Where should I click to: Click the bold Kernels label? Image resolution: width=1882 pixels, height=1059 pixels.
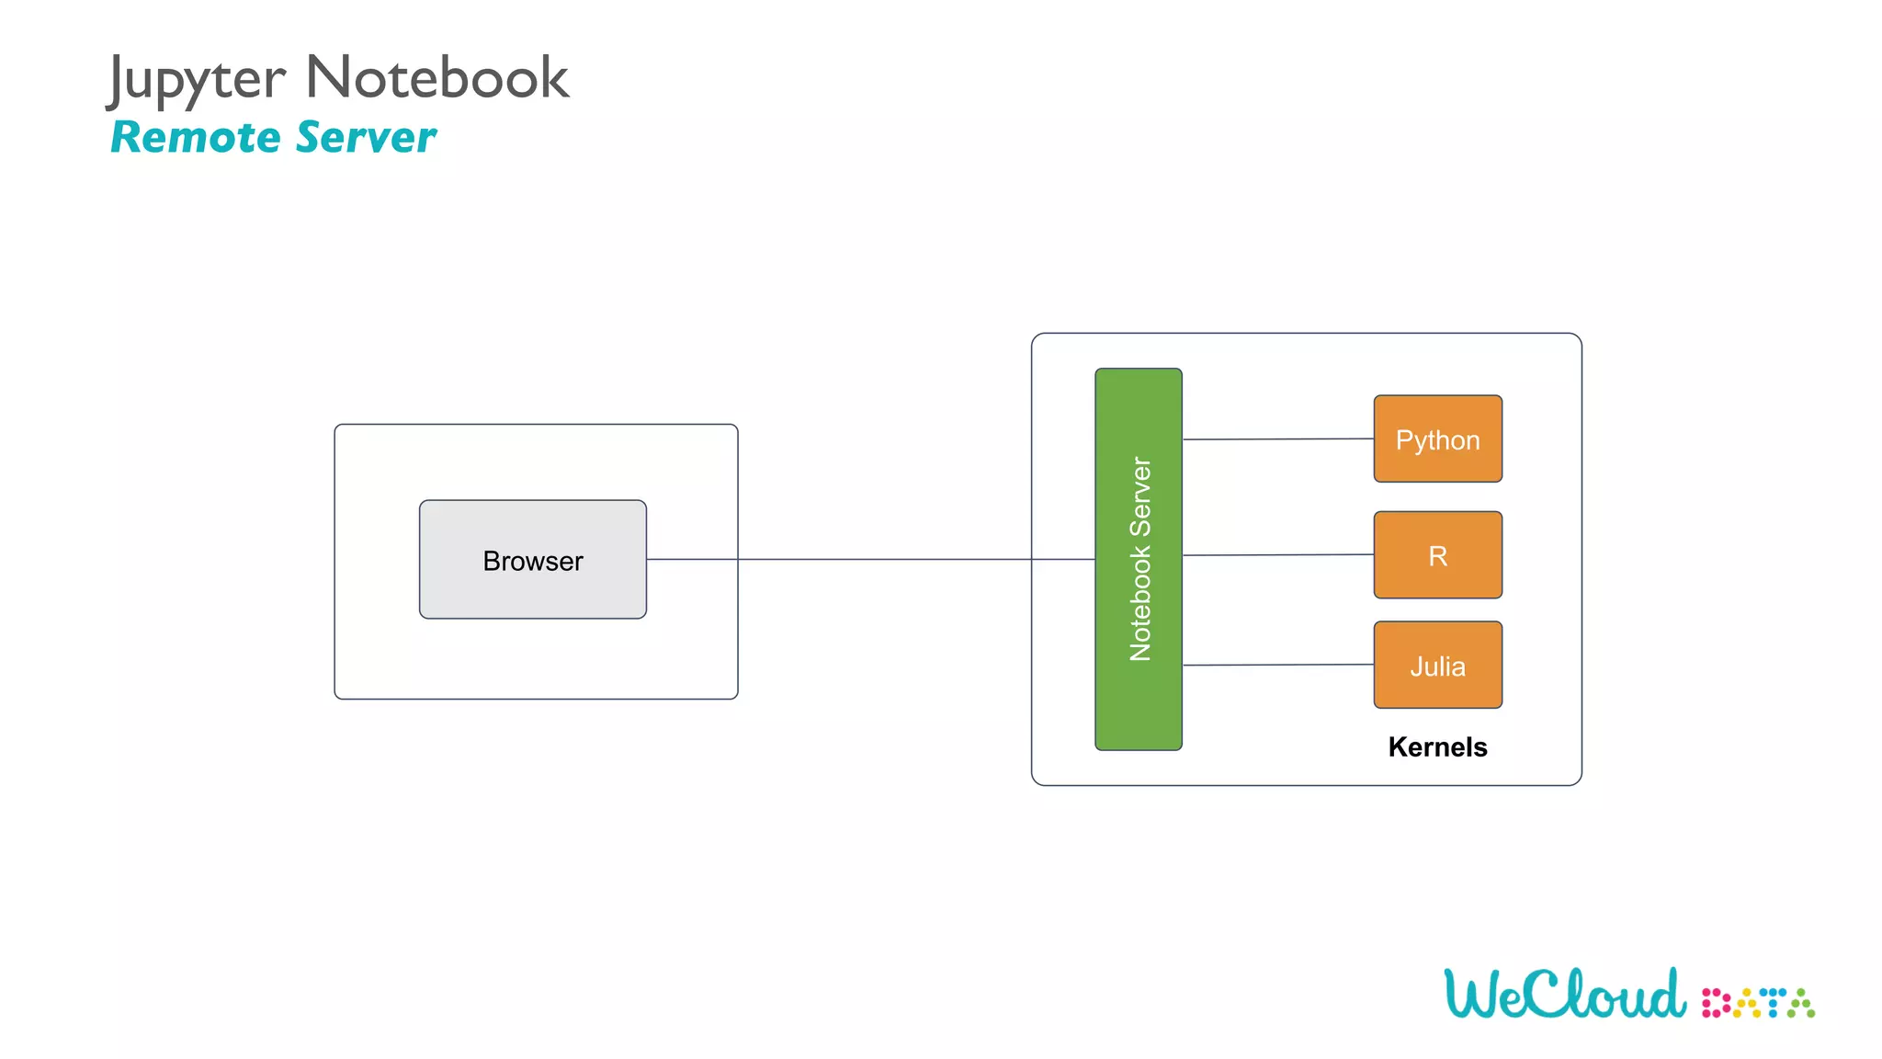(1437, 746)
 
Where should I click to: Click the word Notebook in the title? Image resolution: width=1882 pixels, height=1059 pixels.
(437, 77)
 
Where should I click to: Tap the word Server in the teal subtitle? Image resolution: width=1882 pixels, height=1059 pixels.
(366, 138)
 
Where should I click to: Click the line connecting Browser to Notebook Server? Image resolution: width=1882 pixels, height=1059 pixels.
(882, 559)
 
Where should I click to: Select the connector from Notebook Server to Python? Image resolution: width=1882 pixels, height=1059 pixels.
(1277, 439)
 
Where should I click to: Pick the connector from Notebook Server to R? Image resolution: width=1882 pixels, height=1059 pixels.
(1277, 555)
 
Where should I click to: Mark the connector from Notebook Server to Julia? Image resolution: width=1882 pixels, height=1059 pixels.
(1277, 665)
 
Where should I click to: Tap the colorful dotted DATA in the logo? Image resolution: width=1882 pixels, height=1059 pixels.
(1757, 1003)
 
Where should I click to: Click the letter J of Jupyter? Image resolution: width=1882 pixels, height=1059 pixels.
(117, 79)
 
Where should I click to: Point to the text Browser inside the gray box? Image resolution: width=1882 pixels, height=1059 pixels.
(533, 561)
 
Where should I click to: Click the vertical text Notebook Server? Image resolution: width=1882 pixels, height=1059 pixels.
(1140, 559)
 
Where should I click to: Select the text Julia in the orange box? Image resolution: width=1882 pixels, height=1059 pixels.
(1437, 666)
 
